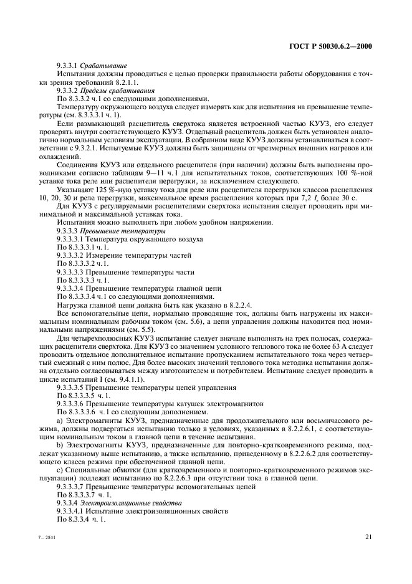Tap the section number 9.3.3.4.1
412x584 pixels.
point(75,510)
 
